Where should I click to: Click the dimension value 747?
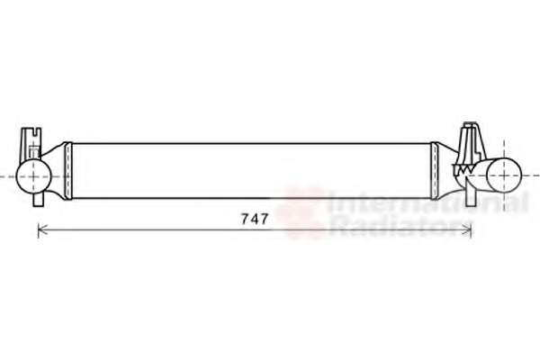click(255, 219)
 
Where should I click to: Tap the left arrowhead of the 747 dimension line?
click(39, 230)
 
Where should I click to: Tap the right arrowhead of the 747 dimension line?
click(470, 230)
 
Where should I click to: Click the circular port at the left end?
click(34, 176)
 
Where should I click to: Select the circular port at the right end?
click(504, 175)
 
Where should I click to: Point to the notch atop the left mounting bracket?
click(34, 131)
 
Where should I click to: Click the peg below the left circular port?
click(38, 200)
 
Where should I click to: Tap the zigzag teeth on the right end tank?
click(463, 169)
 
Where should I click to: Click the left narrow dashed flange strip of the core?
click(68, 171)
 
